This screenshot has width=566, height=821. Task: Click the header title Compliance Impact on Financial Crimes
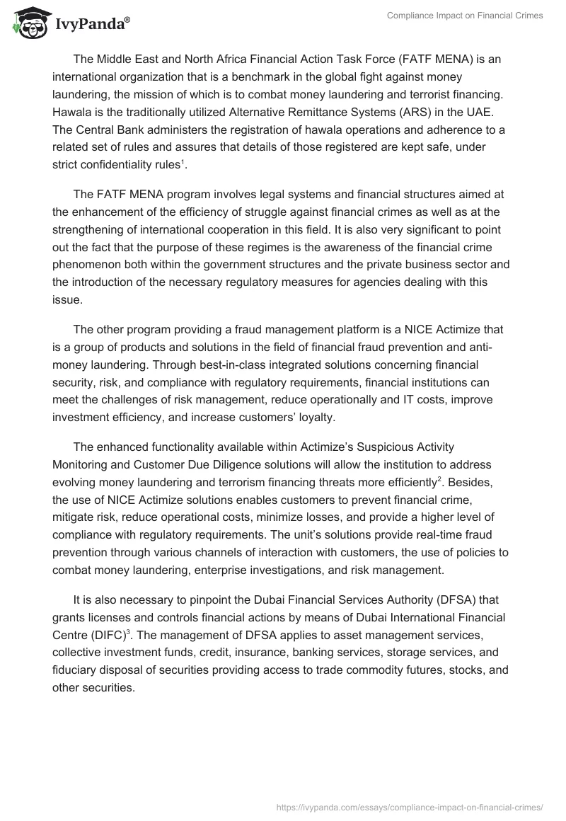point(465,16)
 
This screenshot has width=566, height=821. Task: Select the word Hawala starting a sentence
point(71,113)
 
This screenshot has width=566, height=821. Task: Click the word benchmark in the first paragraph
point(253,77)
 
